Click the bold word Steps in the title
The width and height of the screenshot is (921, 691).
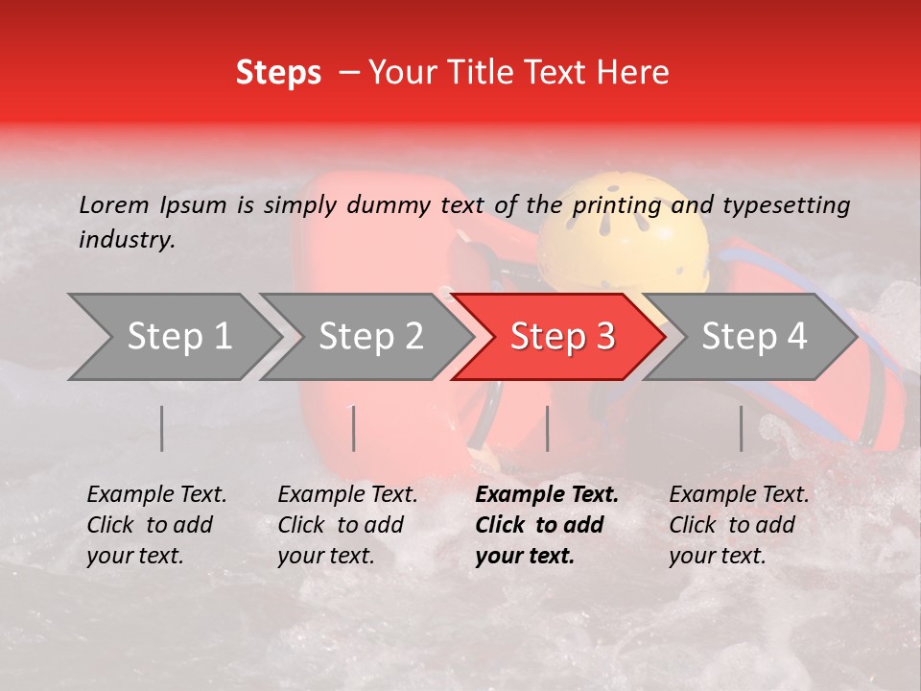coord(278,73)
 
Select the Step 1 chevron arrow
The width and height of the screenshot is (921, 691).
coord(173,336)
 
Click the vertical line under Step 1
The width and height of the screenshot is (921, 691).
coord(161,428)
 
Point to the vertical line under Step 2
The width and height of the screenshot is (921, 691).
coord(354,428)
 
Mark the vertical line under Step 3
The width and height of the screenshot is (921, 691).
coord(547,428)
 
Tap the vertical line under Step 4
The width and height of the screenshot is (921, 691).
coord(741,428)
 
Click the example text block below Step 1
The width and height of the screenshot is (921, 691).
coord(156,525)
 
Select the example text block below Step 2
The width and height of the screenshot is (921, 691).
coord(347,525)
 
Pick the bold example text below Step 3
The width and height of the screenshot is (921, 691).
coord(547,525)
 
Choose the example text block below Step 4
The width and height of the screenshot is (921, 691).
coord(739,525)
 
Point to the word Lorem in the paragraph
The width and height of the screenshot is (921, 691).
coord(114,204)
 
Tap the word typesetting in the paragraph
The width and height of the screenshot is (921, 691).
coord(786,204)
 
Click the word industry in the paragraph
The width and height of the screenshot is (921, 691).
coord(127,240)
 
